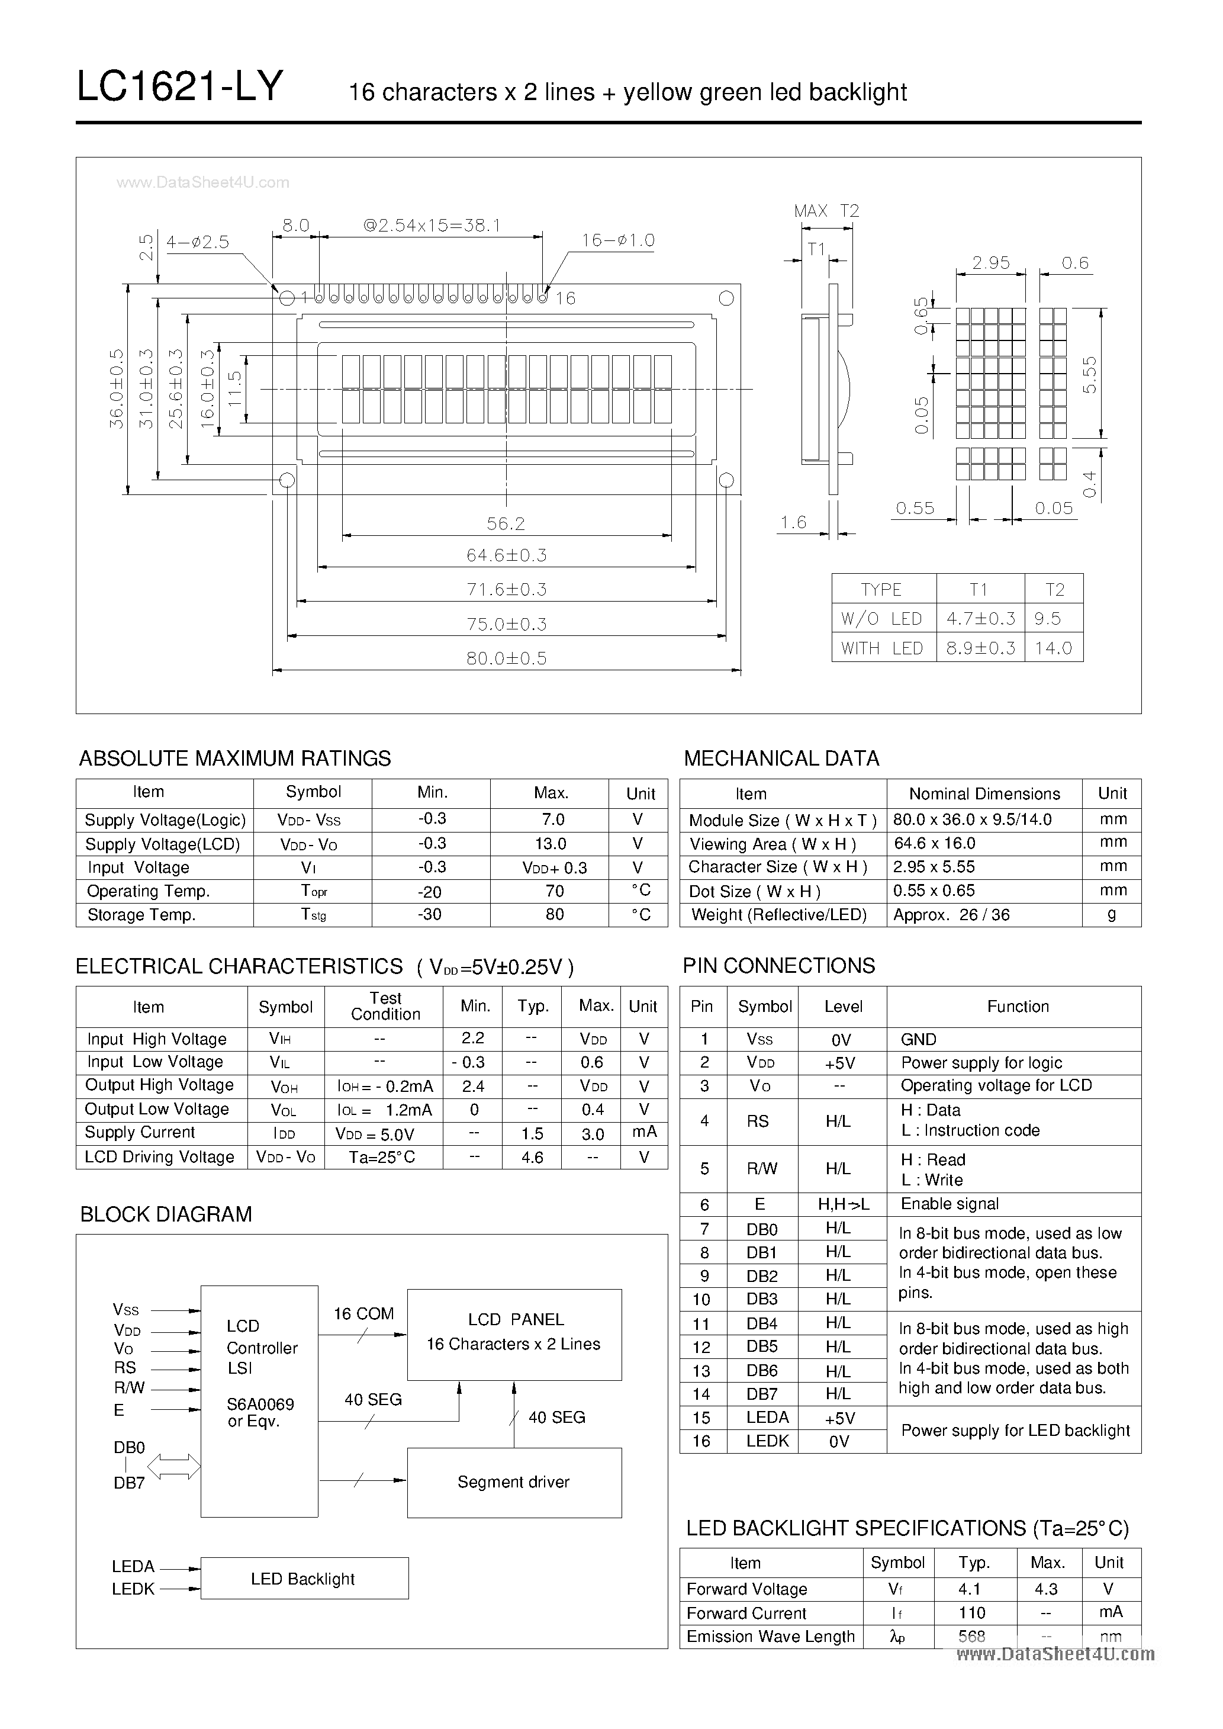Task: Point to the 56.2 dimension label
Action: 506,523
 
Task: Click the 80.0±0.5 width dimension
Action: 506,658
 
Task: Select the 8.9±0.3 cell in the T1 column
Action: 980,648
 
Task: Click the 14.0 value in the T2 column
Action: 1053,648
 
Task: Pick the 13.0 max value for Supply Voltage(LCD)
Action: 551,843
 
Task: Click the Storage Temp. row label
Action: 141,915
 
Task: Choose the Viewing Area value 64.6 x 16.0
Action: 934,843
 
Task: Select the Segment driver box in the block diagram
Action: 514,1482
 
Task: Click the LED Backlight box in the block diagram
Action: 304,1579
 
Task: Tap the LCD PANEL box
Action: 514,1335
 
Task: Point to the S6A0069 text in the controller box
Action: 260,1404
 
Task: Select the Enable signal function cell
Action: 950,1203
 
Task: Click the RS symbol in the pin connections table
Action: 758,1121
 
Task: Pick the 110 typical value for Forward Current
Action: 972,1612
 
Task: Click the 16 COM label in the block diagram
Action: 363,1313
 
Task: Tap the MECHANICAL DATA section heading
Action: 781,759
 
